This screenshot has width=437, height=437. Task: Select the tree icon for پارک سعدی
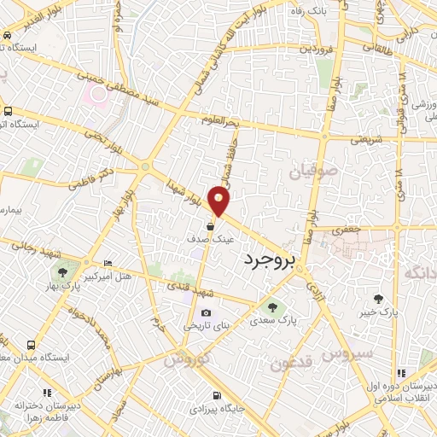pos(272,308)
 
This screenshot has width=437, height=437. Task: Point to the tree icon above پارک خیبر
pos(379,298)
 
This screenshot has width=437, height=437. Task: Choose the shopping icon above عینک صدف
pos(210,226)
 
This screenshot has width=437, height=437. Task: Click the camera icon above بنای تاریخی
pos(205,312)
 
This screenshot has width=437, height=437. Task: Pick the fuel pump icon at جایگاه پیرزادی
pos(218,395)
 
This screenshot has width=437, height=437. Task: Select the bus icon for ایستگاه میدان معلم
pos(31,346)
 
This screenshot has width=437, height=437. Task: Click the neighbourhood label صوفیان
pos(314,172)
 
